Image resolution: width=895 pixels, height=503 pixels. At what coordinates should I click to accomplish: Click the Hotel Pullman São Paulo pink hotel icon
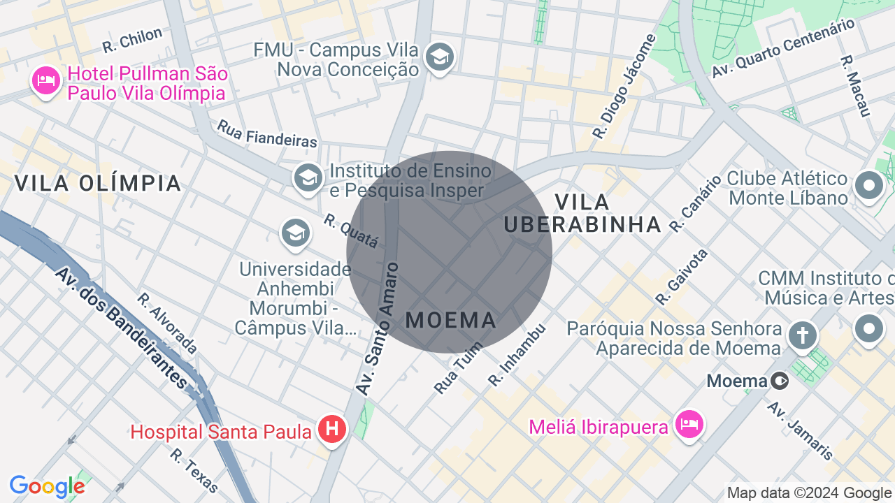45,81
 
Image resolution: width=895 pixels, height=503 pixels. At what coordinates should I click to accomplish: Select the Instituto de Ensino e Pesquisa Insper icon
308,177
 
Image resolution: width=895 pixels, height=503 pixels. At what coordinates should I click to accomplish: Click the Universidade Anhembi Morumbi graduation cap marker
296,233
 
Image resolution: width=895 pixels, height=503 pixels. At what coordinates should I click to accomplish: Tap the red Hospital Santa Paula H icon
332,428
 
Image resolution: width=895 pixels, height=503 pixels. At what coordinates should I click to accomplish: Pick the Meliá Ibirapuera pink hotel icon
689,423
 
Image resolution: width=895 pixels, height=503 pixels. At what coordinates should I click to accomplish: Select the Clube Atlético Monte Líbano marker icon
870,186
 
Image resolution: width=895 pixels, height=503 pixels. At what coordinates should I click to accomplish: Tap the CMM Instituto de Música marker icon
869,328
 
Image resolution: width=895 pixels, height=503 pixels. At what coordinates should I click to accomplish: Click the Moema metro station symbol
780,381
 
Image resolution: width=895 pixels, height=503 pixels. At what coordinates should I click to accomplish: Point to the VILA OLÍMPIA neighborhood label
98,184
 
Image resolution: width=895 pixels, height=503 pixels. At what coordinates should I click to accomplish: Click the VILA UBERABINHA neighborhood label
582,213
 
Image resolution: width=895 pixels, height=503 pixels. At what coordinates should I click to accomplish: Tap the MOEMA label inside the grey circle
451,321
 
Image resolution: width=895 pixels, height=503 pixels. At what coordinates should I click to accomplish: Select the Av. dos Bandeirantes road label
122,328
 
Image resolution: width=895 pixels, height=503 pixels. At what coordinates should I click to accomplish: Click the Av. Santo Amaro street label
378,328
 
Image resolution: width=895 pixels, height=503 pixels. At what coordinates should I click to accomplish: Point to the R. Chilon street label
132,40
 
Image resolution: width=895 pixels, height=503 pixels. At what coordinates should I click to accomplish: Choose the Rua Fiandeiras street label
267,133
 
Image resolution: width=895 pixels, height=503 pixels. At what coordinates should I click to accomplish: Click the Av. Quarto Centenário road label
783,48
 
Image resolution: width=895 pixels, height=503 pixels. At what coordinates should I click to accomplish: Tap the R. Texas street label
194,469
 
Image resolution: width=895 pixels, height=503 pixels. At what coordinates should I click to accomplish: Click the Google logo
47,487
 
